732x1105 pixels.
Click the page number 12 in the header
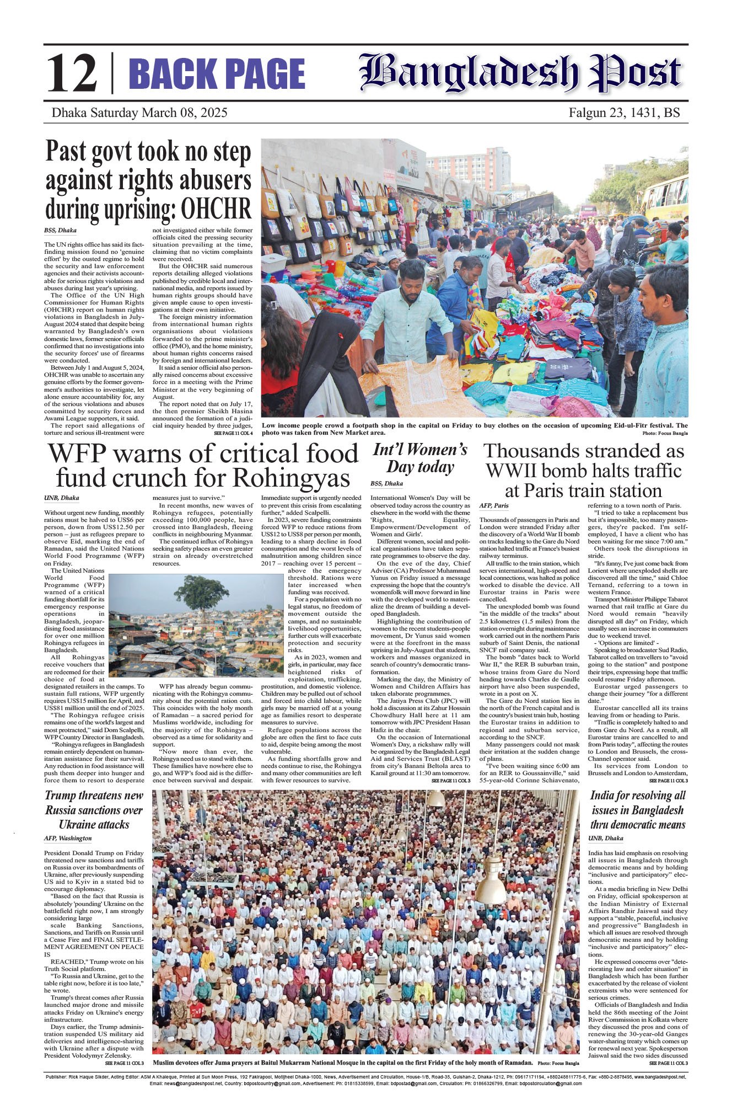click(x=72, y=74)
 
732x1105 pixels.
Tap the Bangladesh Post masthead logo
click(x=520, y=73)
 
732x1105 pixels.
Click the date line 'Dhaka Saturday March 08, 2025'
click(x=139, y=113)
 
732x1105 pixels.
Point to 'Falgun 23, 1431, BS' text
click(x=624, y=113)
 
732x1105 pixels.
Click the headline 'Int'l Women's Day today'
click(x=420, y=458)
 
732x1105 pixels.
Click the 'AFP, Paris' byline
click(x=494, y=505)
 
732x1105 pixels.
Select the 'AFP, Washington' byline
click(x=68, y=838)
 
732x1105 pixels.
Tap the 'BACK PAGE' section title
click(x=217, y=74)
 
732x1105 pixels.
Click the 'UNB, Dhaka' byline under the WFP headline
click(x=61, y=498)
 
